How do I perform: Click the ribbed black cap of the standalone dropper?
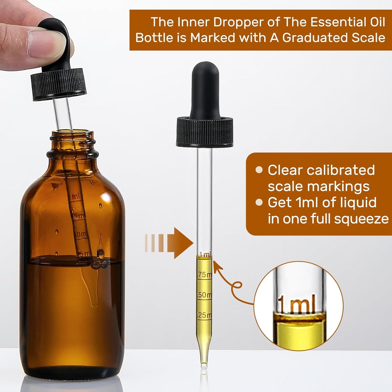pyautogui.click(x=205, y=132)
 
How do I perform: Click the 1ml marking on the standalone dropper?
pyautogui.click(x=205, y=254)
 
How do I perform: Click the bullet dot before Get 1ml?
pyautogui.click(x=259, y=202)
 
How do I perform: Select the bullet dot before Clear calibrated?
pyautogui.click(x=259, y=170)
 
